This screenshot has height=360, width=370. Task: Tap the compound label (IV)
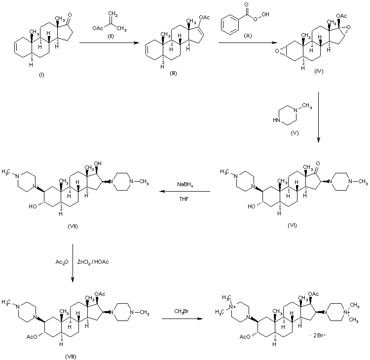(x=319, y=72)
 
